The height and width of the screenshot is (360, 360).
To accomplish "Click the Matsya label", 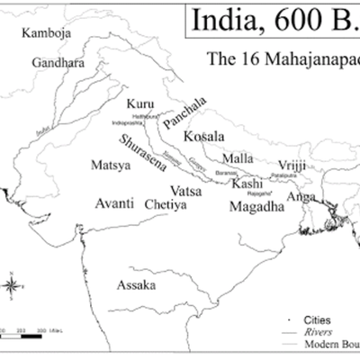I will click(111, 166).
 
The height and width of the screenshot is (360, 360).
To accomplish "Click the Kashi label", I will click(247, 184).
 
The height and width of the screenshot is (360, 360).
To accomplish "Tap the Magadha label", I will click(256, 206).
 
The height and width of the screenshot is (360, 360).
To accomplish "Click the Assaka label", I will click(136, 285).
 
